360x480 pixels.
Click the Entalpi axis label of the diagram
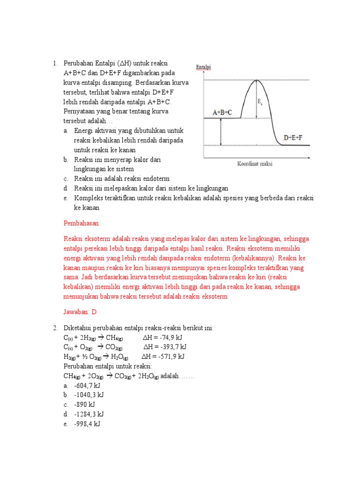203,67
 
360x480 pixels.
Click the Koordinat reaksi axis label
255,164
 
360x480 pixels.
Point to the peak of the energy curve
256,81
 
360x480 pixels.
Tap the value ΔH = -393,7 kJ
165,347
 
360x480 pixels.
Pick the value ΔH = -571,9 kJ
163,356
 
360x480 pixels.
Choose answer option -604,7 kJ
87,385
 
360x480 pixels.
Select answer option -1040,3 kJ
89,395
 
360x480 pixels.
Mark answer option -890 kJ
84,405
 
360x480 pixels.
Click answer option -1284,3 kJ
89,414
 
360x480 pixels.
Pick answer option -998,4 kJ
87,424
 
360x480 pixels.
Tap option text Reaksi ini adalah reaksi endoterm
122,179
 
